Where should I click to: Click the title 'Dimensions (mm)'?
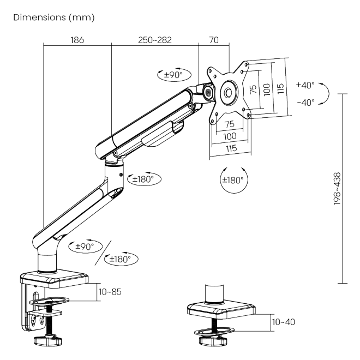pyautogui.click(x=54, y=17)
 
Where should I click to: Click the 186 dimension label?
pyautogui.click(x=77, y=40)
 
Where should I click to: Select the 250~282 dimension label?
pyautogui.click(x=155, y=40)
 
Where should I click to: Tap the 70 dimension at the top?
pyautogui.click(x=214, y=40)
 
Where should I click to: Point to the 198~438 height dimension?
pyautogui.click(x=337, y=189)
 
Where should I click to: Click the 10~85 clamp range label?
pyautogui.click(x=110, y=292)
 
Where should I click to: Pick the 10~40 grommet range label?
pyautogui.click(x=284, y=322)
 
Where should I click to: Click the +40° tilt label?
pyautogui.click(x=305, y=85)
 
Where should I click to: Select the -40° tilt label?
pyautogui.click(x=306, y=103)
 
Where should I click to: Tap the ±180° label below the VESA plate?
pyautogui.click(x=233, y=180)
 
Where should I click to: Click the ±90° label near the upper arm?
pyautogui.click(x=173, y=75)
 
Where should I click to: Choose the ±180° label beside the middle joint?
pyautogui.click(x=143, y=179)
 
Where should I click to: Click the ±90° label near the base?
pyautogui.click(x=85, y=247)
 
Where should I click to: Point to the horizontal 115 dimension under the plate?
pyautogui.click(x=231, y=148)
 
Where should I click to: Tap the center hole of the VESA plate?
pyautogui.click(x=229, y=93)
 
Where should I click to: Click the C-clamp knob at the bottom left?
pyautogui.click(x=48, y=340)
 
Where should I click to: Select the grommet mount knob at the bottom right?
pyautogui.click(x=213, y=341)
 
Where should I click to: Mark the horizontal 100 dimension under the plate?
pyautogui.click(x=230, y=136)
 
